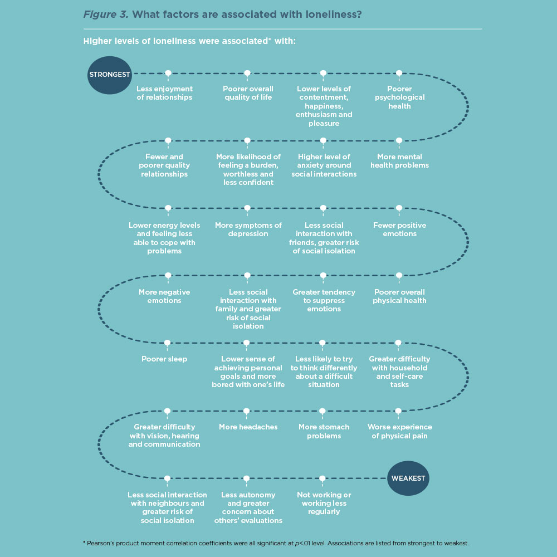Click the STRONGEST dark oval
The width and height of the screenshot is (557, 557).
(x=109, y=75)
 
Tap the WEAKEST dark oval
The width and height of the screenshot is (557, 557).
(x=408, y=478)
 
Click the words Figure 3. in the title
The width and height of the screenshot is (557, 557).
(x=106, y=14)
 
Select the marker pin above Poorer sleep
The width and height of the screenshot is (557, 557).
(x=167, y=344)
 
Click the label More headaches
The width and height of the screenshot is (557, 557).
(x=248, y=427)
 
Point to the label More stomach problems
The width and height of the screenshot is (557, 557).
(x=324, y=431)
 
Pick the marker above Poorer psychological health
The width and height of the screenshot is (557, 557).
(x=399, y=74)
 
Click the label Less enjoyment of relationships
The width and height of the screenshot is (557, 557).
(x=164, y=93)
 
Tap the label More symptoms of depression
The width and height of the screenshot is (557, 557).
(x=248, y=229)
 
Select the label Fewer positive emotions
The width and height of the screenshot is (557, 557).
(x=399, y=229)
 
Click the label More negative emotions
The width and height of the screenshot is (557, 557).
(x=164, y=296)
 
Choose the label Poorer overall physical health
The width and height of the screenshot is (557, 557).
(x=399, y=296)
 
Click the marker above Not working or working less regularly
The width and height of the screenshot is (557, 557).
(x=322, y=479)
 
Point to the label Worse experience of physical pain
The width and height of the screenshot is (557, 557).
(x=399, y=431)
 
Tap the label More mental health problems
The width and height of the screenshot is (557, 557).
(x=399, y=161)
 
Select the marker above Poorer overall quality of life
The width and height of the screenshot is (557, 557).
(x=248, y=74)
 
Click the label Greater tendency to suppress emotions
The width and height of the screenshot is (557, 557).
(x=324, y=301)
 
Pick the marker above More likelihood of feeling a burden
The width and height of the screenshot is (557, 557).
(x=248, y=141)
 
